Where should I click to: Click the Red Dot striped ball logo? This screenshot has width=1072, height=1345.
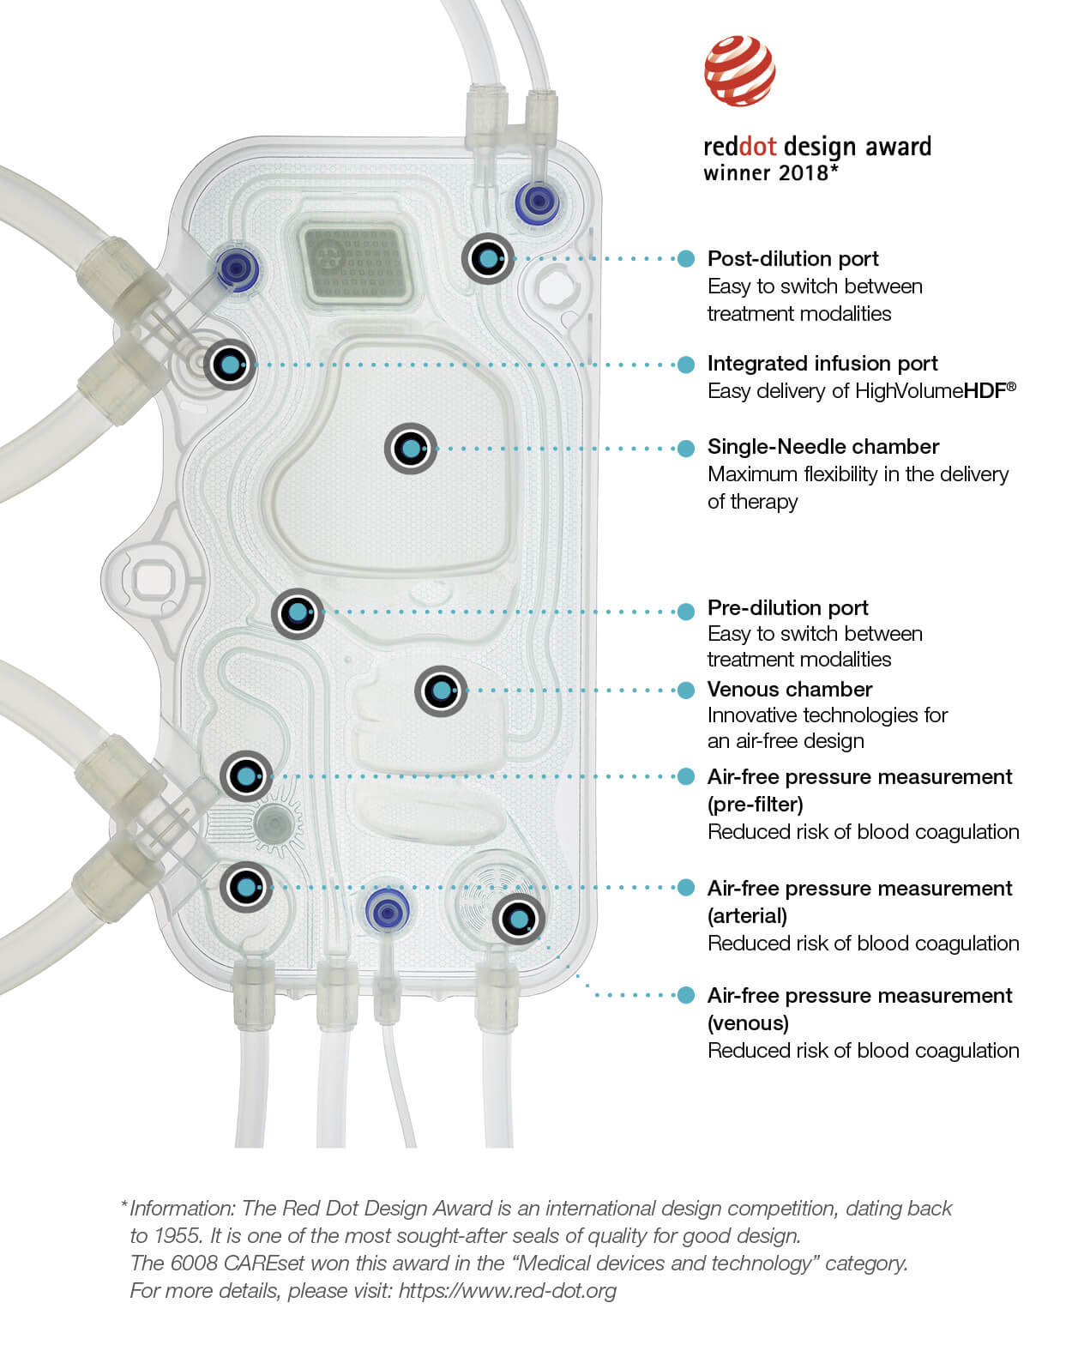tap(740, 70)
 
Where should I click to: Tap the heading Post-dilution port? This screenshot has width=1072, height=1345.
tap(792, 259)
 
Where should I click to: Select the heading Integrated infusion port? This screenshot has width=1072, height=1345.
tap(822, 364)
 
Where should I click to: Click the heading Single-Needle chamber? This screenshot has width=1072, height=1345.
tap(822, 447)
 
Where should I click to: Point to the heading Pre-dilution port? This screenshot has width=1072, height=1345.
tap(787, 608)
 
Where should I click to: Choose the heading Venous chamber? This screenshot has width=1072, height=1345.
tap(789, 690)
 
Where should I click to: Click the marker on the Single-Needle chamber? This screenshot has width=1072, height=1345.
tap(411, 449)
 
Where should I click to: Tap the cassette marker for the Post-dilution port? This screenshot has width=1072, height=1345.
tap(488, 258)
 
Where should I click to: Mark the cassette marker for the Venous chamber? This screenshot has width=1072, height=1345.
tap(441, 691)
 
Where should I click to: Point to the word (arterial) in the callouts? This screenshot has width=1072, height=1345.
tap(746, 916)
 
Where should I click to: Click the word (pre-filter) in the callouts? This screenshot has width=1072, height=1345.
tap(755, 805)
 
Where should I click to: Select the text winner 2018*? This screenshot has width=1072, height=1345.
tap(769, 173)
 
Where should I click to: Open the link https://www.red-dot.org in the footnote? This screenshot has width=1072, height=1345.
tap(507, 1291)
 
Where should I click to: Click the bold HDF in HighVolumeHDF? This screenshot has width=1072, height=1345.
tap(985, 392)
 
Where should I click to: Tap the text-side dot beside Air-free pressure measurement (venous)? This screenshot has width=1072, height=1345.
tap(685, 995)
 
